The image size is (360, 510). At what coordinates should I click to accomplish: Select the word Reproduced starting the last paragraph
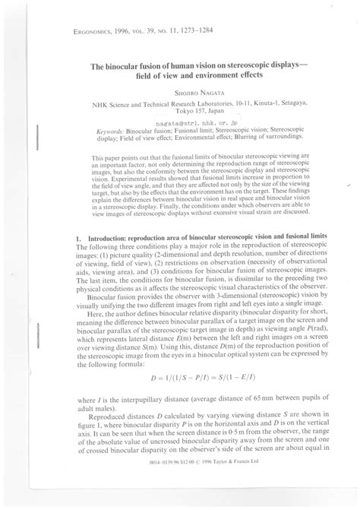[x=111, y=394]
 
